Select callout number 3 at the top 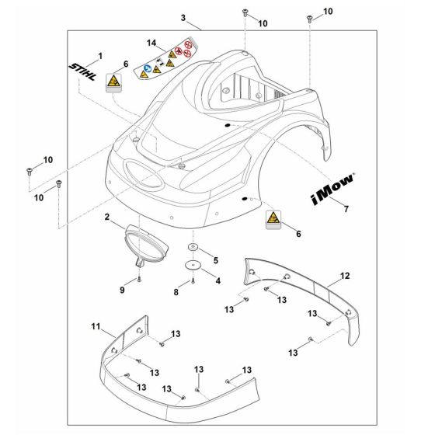point(183,18)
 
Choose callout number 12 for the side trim point(345,276)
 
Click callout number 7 point(346,209)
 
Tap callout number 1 point(99,56)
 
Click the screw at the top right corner point(309,16)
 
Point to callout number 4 point(217,280)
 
